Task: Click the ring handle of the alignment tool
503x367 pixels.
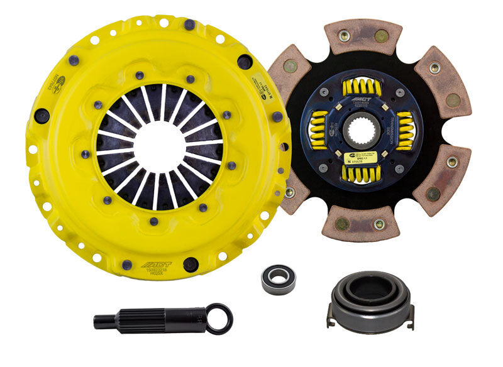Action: click(219, 319)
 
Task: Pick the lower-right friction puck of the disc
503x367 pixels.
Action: click(443, 179)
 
